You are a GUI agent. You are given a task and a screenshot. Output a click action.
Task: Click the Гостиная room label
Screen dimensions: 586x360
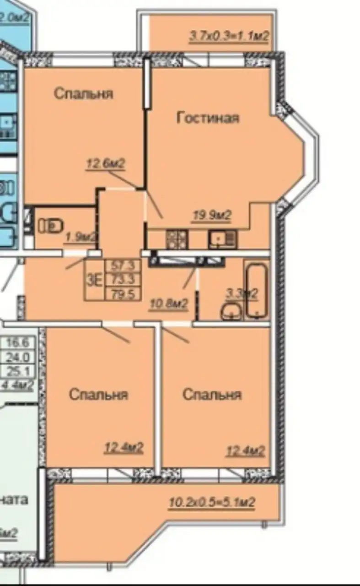click(208, 118)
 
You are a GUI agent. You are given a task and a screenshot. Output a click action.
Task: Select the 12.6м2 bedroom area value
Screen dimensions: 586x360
click(105, 163)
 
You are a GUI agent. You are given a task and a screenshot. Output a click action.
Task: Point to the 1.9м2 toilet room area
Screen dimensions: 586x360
click(81, 237)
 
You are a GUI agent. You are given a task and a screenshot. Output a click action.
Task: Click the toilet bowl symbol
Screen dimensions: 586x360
click(50, 226)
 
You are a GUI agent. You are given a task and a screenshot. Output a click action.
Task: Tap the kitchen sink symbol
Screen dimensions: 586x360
click(222, 239)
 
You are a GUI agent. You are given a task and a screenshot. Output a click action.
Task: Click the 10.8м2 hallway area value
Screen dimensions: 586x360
click(168, 304)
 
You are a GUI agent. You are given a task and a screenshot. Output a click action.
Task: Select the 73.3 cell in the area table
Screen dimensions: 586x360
click(122, 279)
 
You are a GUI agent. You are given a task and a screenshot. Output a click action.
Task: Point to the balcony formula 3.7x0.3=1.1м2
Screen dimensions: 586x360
click(228, 36)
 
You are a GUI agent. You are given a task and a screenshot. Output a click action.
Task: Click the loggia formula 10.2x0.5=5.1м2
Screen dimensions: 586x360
click(211, 502)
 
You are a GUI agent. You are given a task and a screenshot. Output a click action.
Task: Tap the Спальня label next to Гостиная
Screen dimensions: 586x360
click(83, 94)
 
